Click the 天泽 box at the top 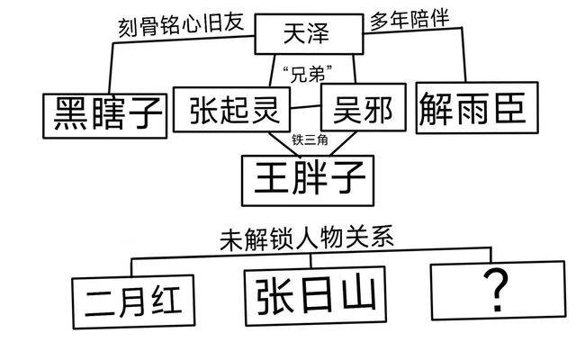(x=306, y=36)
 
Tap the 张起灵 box (x=232, y=109)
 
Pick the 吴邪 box (x=359, y=111)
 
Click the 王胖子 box (x=307, y=176)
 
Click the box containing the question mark (x=491, y=291)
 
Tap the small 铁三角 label (x=308, y=140)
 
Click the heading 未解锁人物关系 (x=307, y=239)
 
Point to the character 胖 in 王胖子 (x=307, y=176)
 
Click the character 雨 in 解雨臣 (x=472, y=109)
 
